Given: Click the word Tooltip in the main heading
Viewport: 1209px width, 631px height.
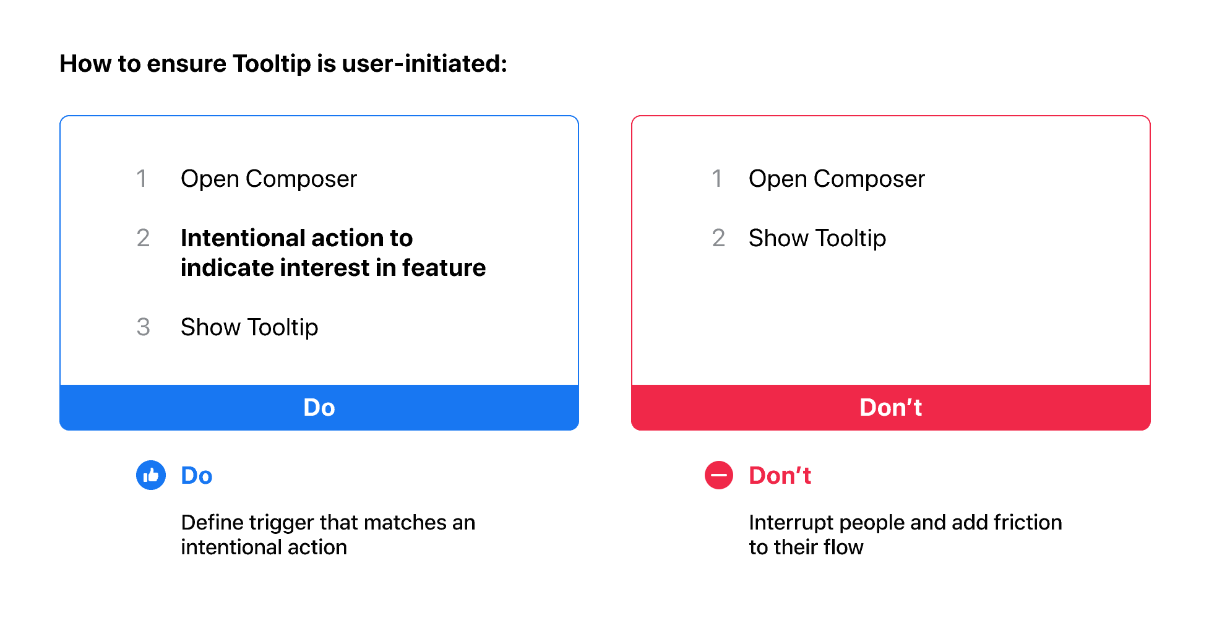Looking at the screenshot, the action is click(x=272, y=64).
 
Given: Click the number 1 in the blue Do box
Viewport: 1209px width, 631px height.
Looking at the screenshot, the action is click(x=142, y=179).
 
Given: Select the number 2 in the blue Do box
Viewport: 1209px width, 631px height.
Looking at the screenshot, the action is click(x=143, y=238).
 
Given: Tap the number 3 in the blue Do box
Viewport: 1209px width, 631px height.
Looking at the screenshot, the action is click(x=143, y=327).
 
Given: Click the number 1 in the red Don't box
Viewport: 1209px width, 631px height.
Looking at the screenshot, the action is click(x=716, y=179).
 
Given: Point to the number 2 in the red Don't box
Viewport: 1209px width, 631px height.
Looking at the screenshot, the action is click(x=718, y=238).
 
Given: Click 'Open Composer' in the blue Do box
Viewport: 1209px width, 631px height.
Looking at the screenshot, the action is click(x=269, y=179).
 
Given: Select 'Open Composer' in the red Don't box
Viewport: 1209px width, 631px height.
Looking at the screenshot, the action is click(x=837, y=179).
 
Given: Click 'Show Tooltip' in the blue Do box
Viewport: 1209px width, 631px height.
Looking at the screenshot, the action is click(x=249, y=327).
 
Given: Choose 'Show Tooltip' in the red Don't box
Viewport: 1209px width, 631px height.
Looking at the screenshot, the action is click(x=817, y=238).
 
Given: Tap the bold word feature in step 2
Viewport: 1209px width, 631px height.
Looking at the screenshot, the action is click(x=444, y=268).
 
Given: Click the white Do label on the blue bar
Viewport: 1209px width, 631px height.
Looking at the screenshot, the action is click(x=319, y=408).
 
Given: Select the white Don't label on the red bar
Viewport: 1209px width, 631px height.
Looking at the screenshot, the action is click(x=891, y=408).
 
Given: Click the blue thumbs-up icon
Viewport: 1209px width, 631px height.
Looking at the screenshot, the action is click(x=151, y=475).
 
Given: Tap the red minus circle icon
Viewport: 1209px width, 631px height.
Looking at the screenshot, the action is click(x=719, y=475).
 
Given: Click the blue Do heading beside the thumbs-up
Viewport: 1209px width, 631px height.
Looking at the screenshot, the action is click(x=197, y=476).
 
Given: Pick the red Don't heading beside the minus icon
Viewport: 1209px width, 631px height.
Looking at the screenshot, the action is click(x=780, y=476).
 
